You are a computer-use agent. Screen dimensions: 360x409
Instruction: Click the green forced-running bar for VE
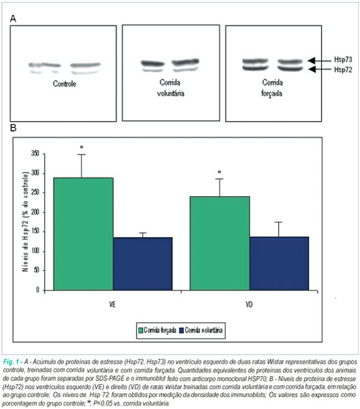click(83, 234)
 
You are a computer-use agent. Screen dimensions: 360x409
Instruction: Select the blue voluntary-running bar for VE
click(143, 264)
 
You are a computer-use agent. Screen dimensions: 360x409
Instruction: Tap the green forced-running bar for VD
click(220, 243)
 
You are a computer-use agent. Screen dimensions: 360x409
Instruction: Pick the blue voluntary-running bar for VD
click(279, 263)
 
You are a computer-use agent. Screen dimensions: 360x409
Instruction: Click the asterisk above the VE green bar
click(82, 148)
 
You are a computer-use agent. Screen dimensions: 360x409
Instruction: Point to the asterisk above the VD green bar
click(219, 173)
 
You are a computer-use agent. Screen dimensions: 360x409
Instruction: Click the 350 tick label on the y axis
click(35, 153)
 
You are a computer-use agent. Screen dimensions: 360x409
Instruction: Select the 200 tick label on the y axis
click(35, 212)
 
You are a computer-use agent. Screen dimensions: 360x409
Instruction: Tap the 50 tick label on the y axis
click(37, 270)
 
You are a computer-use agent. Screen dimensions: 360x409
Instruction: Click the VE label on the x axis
click(112, 304)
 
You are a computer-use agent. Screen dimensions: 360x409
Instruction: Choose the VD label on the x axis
click(249, 304)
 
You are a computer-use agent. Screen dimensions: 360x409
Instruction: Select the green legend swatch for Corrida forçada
click(141, 330)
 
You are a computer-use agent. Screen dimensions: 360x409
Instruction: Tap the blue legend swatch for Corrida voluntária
click(182, 330)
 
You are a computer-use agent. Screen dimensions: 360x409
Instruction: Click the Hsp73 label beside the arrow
click(343, 60)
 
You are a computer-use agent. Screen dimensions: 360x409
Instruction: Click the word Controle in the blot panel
click(65, 84)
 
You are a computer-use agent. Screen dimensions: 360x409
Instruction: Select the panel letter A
click(13, 19)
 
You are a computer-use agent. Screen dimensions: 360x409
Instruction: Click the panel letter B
click(13, 128)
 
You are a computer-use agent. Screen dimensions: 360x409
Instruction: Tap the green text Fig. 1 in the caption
click(11, 362)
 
